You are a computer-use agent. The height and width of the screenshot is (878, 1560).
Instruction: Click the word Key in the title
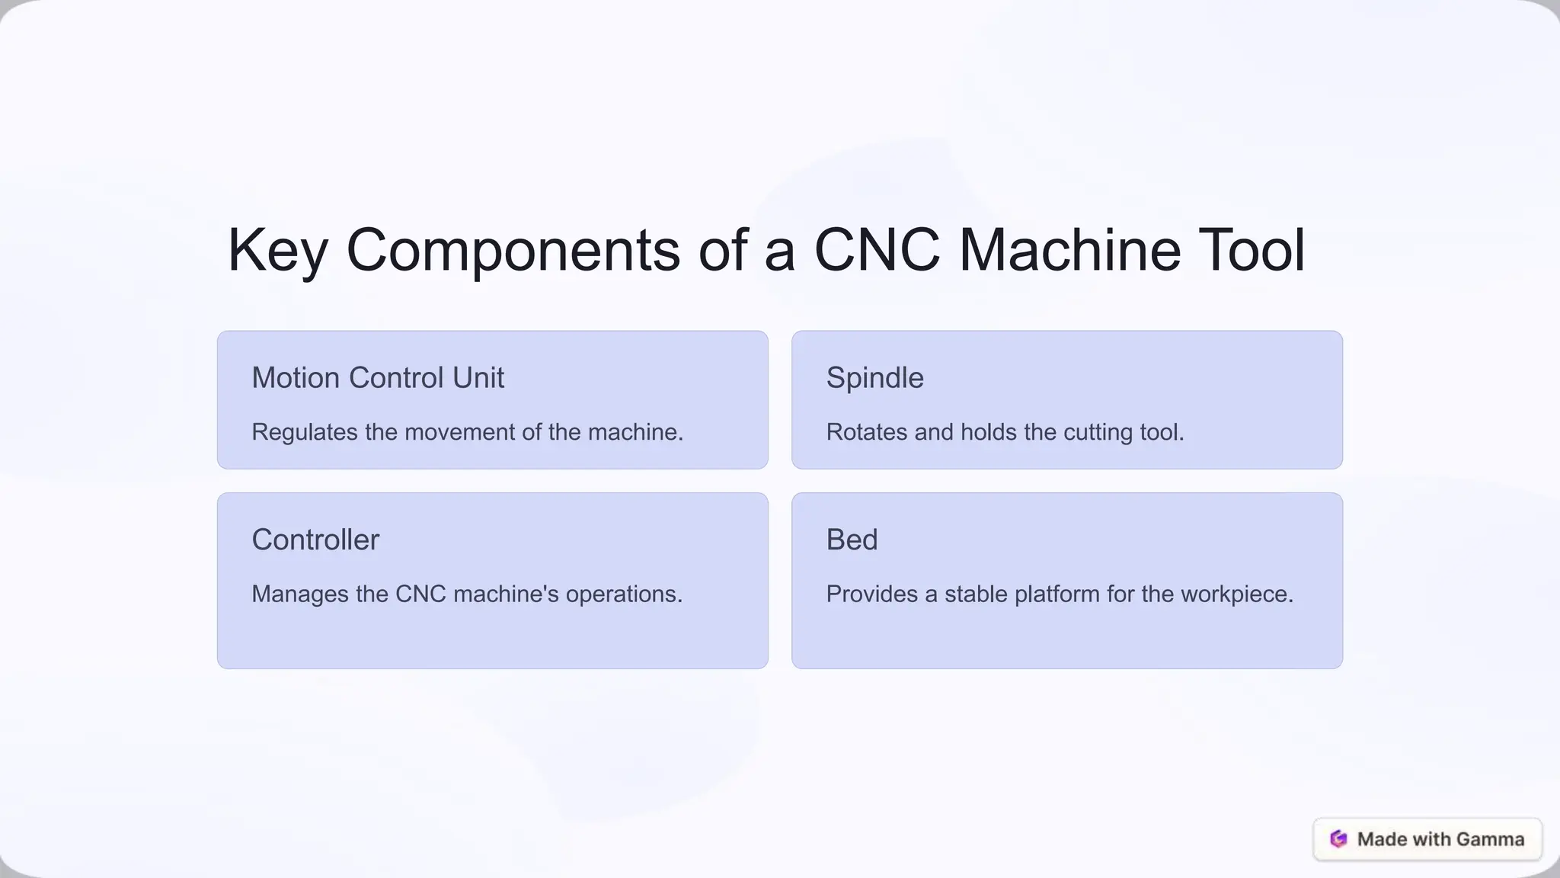click(x=277, y=252)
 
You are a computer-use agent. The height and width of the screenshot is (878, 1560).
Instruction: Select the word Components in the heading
click(x=513, y=252)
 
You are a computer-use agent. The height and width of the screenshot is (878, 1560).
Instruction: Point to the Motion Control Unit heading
click(x=378, y=378)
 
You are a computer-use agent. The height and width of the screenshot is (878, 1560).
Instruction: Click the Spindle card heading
click(x=874, y=378)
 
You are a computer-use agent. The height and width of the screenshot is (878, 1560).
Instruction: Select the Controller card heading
click(x=315, y=540)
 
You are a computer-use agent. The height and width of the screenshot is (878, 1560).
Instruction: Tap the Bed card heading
click(x=852, y=540)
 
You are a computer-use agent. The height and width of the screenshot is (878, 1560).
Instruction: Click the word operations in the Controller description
click(x=624, y=594)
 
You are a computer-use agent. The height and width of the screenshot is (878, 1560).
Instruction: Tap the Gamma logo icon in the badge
click(x=1338, y=839)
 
